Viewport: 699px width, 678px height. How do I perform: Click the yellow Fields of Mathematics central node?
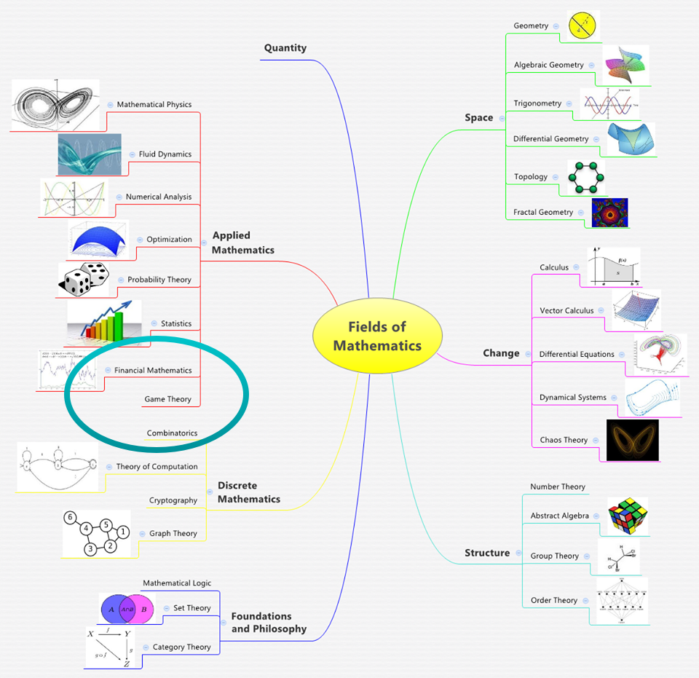[x=377, y=336]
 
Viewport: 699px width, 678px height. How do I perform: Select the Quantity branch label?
[x=285, y=48]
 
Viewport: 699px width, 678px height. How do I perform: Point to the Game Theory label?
[x=167, y=399]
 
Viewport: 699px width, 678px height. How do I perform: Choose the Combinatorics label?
[x=172, y=433]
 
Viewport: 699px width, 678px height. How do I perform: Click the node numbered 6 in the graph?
[x=70, y=518]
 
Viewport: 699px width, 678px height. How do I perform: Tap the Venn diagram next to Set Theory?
[x=127, y=609]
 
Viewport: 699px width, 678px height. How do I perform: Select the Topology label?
[x=530, y=176]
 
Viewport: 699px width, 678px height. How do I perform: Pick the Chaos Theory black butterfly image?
[x=632, y=440]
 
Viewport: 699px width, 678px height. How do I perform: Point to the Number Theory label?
[x=557, y=486]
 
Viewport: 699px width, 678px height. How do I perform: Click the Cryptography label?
[x=173, y=500]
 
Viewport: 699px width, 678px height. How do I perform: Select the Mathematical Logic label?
[x=176, y=583]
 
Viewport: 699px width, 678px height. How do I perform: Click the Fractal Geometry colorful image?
[x=609, y=213]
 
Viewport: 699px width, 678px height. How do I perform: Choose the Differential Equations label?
[x=577, y=355]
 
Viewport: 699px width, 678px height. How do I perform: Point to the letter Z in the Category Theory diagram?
[x=127, y=663]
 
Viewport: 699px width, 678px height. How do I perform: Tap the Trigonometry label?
[x=537, y=103]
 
